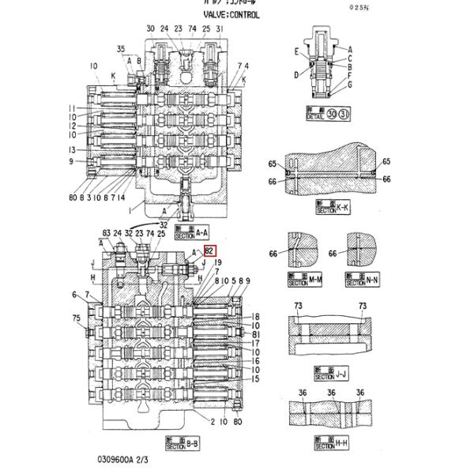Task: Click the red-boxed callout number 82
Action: pyautogui.click(x=210, y=251)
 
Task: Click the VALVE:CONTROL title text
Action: pyautogui.click(x=231, y=14)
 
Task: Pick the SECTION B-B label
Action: pyautogui.click(x=182, y=443)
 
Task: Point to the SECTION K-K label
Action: pyautogui.click(x=332, y=209)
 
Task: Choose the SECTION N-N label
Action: pyautogui.click(x=362, y=280)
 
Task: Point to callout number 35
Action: pyautogui.click(x=121, y=49)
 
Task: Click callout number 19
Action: pyautogui.click(x=218, y=261)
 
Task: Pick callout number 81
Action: pyautogui.click(x=256, y=334)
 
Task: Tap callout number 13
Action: pyautogui.click(x=71, y=149)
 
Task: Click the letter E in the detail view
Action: pyautogui.click(x=298, y=51)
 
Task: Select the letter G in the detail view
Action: pyautogui.click(x=349, y=85)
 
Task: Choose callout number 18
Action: pyautogui.click(x=256, y=315)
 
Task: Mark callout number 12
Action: pyautogui.click(x=71, y=126)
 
